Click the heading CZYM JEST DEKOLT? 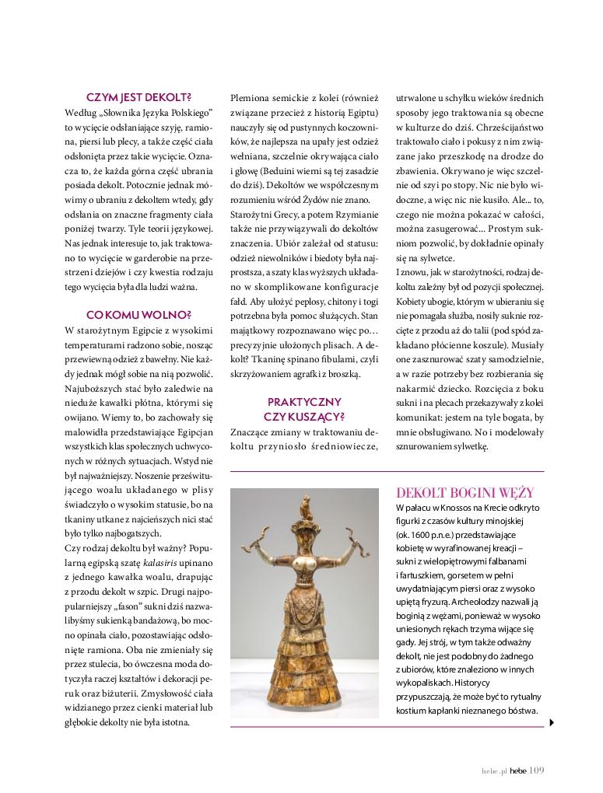coord(139,97)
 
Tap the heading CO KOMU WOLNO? coord(139,314)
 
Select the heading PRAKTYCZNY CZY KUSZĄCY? coord(304,408)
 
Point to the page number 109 coord(536,770)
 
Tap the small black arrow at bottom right coord(552,722)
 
